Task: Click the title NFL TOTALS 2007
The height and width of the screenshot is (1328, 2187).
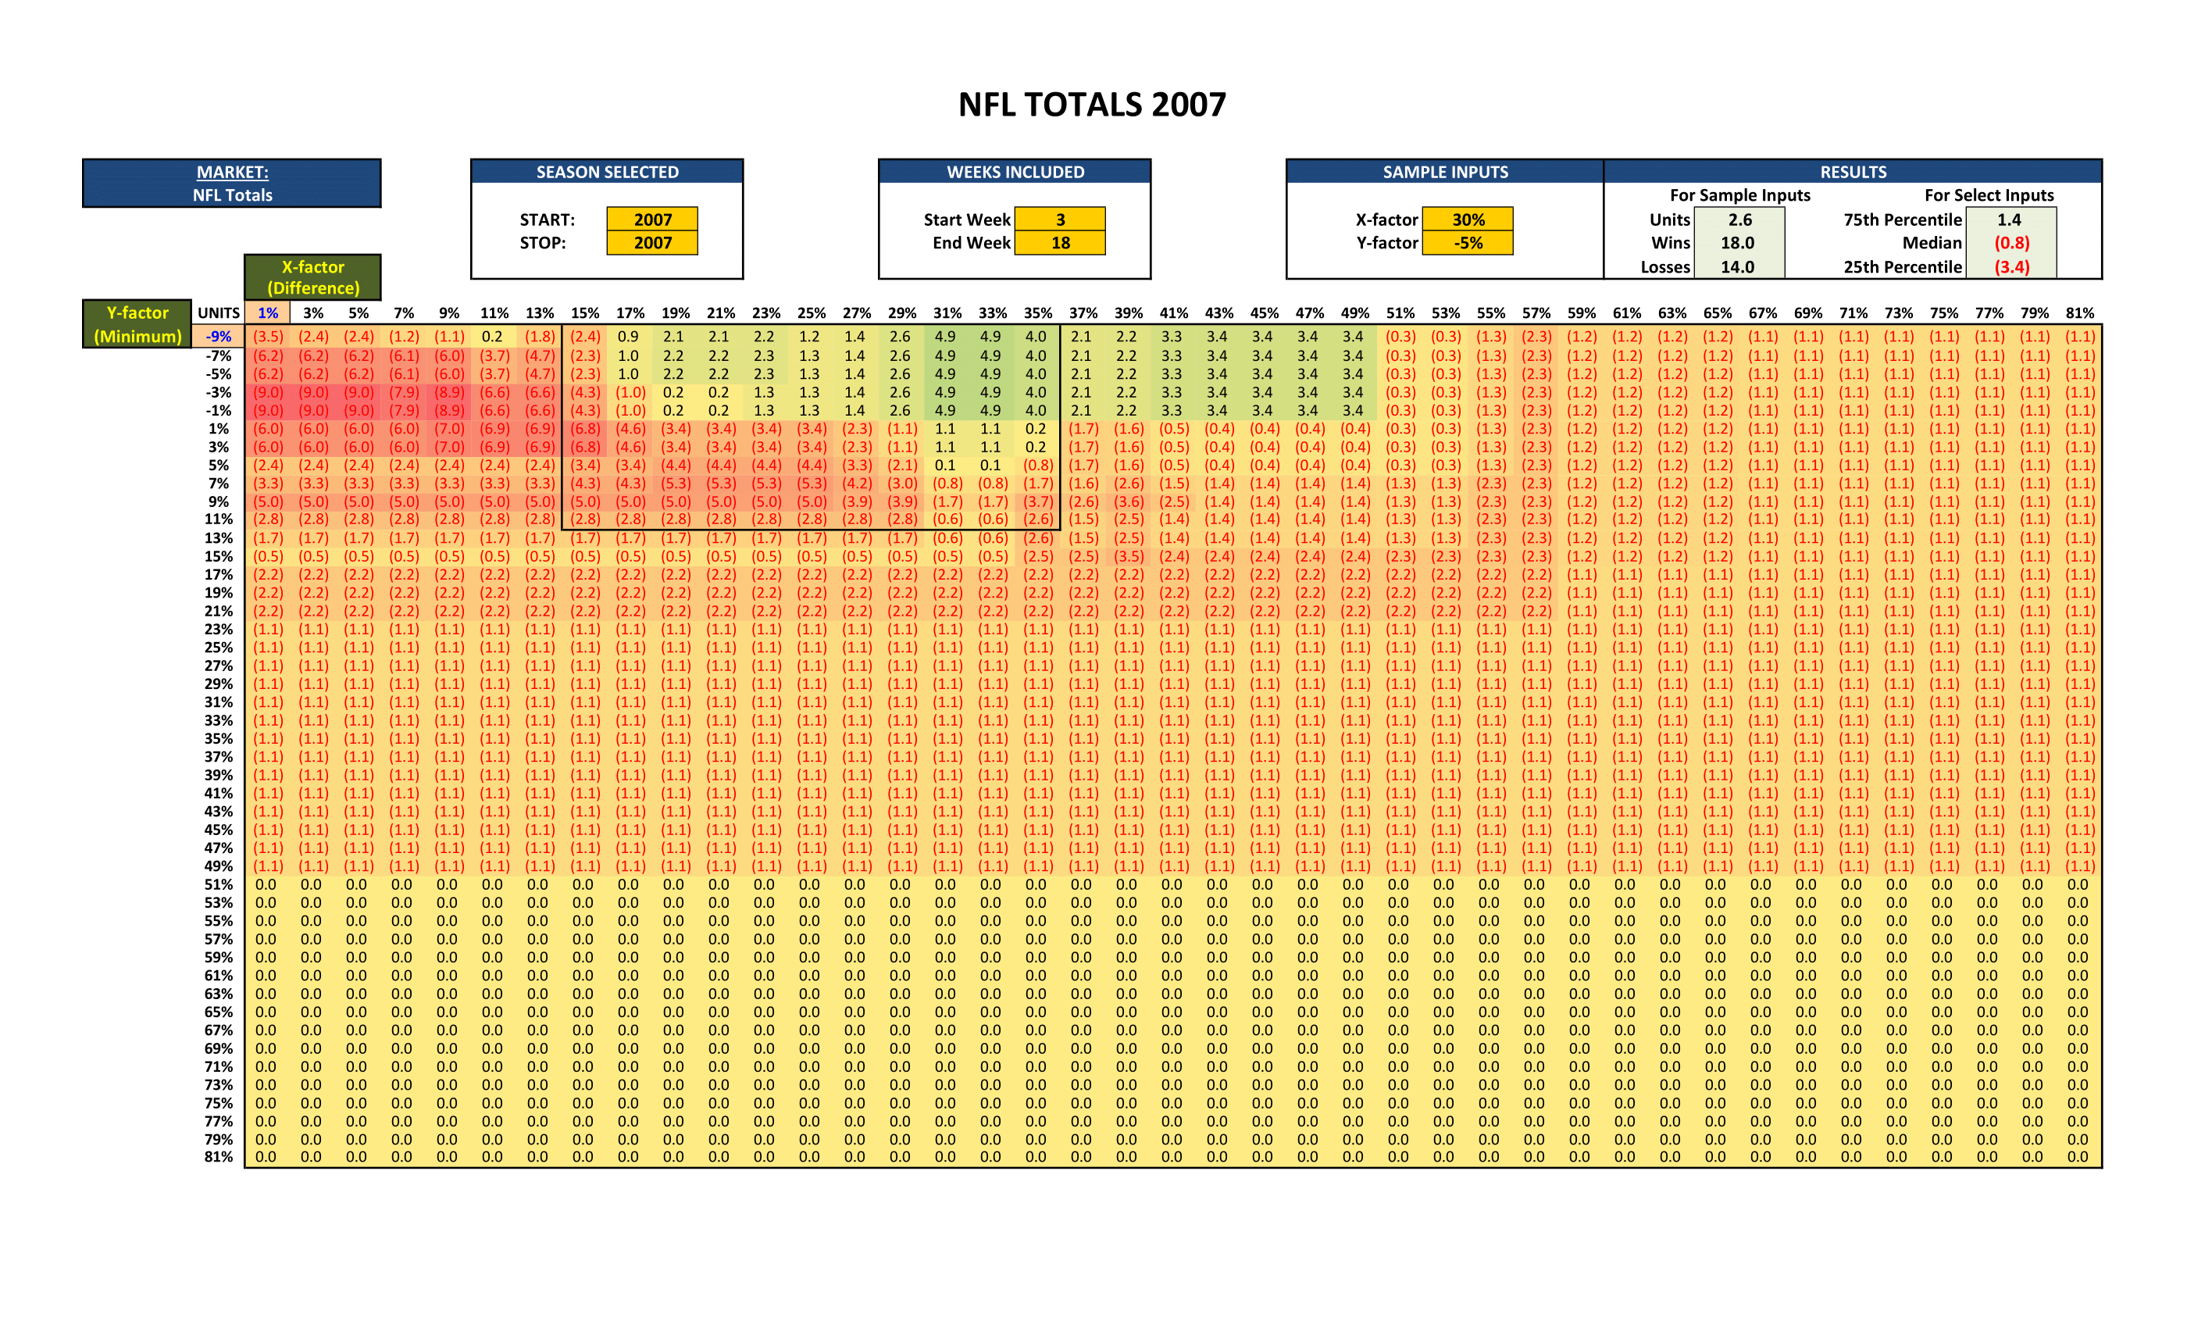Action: click(x=1092, y=105)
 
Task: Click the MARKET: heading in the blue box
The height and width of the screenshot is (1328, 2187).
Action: click(x=233, y=172)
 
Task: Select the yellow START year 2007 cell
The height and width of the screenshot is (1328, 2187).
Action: click(x=652, y=220)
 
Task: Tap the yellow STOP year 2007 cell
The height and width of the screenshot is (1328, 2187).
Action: click(x=652, y=243)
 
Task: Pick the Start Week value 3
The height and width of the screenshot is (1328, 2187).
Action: click(x=1060, y=220)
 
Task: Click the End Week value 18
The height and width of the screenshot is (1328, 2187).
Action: click(x=1060, y=243)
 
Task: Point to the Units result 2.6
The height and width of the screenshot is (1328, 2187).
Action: click(x=1739, y=220)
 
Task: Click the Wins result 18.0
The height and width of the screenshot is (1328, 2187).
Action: click(x=1738, y=243)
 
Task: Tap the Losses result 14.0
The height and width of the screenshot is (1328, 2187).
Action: click(x=1738, y=267)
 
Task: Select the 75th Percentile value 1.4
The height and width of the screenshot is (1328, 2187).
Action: click(x=2010, y=220)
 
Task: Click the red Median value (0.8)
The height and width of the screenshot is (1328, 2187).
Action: click(x=2011, y=243)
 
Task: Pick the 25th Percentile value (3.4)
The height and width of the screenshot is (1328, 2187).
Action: click(x=2011, y=267)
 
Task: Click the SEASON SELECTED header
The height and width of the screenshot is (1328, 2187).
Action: click(x=607, y=172)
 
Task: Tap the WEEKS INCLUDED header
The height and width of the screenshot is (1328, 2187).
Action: click(x=1015, y=172)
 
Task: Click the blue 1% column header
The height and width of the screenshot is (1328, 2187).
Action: click(x=268, y=313)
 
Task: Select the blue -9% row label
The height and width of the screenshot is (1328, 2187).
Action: click(x=219, y=337)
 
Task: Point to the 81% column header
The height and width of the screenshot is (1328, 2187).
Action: click(x=2079, y=313)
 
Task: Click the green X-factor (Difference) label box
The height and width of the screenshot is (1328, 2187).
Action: click(x=313, y=277)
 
